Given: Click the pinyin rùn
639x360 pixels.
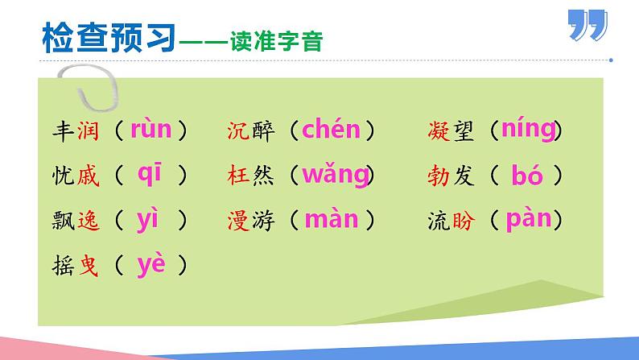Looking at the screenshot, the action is tap(150, 129).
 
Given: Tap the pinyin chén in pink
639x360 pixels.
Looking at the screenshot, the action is tap(332, 129).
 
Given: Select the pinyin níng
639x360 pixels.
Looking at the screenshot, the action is tap(529, 130).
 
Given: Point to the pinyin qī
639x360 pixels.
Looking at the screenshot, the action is tap(150, 175).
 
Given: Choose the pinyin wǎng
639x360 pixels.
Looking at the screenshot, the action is tap(336, 175).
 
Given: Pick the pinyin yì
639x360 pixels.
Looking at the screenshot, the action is tap(147, 220).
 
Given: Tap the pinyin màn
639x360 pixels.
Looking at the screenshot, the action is tap(332, 219).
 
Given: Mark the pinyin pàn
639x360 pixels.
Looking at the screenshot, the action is tap(529, 220).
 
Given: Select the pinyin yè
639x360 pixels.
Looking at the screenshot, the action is tap(151, 266).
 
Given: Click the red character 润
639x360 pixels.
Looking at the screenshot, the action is tap(88, 130).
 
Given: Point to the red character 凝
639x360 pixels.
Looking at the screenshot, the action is tap(439, 130).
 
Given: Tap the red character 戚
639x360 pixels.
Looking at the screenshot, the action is tap(88, 176).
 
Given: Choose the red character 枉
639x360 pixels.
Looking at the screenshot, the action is tap(238, 176).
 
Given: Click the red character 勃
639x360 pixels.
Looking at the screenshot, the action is tap(439, 176).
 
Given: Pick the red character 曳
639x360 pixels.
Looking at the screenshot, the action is tap(89, 266).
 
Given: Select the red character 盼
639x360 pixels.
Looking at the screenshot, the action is tap(464, 221).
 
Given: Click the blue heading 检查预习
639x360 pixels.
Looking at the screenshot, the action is tap(109, 38).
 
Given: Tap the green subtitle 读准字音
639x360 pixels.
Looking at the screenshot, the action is tap(277, 41).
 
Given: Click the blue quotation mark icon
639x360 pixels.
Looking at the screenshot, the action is tap(587, 25).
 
